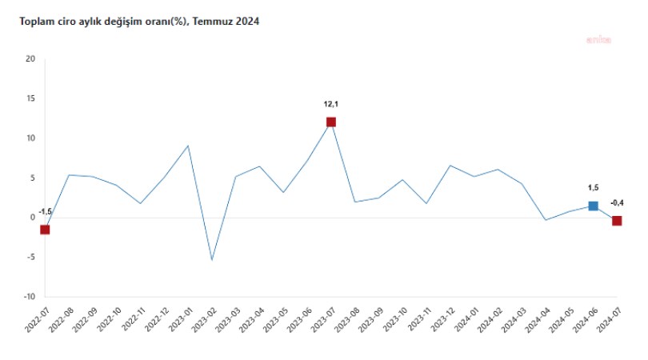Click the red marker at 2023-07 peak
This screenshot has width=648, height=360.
[330, 122]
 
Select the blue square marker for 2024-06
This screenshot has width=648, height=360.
[593, 206]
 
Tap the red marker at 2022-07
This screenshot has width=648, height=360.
[45, 230]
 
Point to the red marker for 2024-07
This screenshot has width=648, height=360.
[617, 221]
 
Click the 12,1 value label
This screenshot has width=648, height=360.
[331, 103]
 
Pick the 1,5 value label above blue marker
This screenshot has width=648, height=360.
[593, 188]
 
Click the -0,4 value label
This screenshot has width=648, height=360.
[617, 203]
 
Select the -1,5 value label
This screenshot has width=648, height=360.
[45, 211]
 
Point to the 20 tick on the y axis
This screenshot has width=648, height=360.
[30, 59]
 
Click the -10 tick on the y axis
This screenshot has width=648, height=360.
[29, 297]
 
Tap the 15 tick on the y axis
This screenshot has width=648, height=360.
[30, 98]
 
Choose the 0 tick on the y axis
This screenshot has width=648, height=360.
[33, 218]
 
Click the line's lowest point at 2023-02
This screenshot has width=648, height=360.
[212, 260]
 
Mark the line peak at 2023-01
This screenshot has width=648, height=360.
[188, 146]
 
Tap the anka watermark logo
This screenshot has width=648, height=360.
[599, 38]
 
